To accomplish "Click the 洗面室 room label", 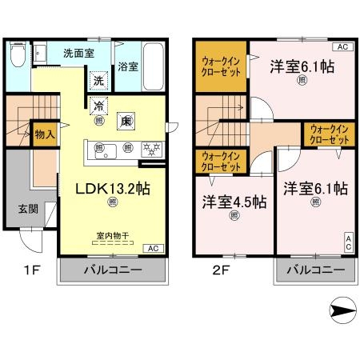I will coord(78,53).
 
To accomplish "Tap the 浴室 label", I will coord(127,67).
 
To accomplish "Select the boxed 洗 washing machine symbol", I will coord(98,80).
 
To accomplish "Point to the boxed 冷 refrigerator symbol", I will coord(98,106).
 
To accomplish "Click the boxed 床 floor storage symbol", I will coord(126,121).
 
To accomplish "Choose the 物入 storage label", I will coord(45,134).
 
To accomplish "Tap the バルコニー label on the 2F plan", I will coord(315,271).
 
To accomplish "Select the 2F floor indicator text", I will coord(222,270).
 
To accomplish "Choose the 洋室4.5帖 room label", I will coord(234,202).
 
